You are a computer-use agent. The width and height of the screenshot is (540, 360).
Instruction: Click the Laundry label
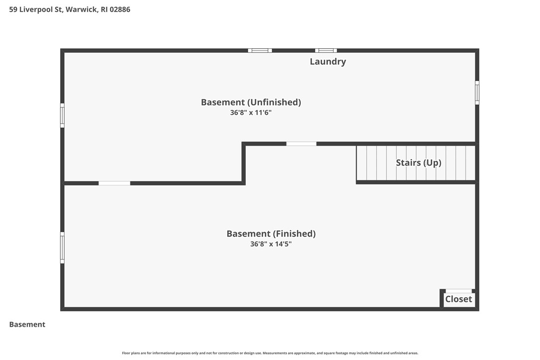(328, 62)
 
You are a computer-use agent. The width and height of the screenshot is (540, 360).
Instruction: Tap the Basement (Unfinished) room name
(251, 102)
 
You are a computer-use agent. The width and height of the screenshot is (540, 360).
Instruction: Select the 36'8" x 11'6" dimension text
(251, 112)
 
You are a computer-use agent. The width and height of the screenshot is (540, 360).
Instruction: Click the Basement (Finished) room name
(271, 234)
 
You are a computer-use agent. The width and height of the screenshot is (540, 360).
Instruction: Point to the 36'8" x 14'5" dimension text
(270, 244)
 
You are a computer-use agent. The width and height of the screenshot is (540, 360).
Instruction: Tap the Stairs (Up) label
(419, 163)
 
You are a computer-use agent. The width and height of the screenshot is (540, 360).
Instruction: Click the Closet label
(458, 299)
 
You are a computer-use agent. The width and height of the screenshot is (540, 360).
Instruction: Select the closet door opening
(459, 291)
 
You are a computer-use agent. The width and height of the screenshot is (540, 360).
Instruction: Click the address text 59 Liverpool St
(35, 9)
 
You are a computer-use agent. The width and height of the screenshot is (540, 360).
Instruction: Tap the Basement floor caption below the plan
(27, 325)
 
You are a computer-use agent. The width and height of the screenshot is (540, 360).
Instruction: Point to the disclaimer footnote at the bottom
(270, 353)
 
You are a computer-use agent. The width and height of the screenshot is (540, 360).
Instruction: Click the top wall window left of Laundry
(260, 51)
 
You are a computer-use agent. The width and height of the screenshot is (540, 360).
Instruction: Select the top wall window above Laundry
(326, 51)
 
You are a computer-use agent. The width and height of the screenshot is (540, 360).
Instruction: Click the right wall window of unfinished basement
(477, 92)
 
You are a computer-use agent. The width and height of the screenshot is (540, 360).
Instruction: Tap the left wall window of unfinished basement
(62, 115)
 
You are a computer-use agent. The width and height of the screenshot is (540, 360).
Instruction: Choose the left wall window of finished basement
(62, 248)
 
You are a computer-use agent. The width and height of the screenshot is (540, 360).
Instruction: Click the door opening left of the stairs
(301, 144)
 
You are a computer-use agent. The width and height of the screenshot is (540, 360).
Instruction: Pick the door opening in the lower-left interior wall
(114, 183)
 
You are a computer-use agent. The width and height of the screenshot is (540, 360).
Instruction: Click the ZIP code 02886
(120, 9)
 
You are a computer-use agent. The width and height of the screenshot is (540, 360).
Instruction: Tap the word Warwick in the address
(82, 9)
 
